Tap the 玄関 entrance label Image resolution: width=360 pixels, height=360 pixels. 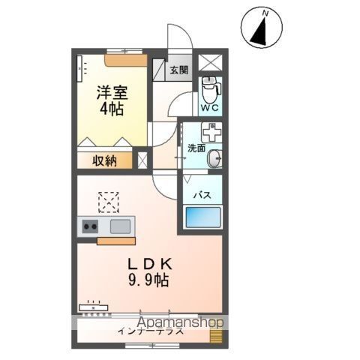coord(178,71)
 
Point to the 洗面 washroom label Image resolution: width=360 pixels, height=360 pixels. coord(196,148)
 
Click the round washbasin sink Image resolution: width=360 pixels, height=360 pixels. coord(215,158)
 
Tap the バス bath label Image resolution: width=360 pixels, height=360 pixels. coord(202,195)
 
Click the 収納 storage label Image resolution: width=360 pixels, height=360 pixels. coord(104,160)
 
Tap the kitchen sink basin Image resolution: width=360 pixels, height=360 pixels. coord(120,226)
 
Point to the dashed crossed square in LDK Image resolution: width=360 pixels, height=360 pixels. coord(109,202)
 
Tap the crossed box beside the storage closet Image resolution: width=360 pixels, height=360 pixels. coord(140,160)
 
